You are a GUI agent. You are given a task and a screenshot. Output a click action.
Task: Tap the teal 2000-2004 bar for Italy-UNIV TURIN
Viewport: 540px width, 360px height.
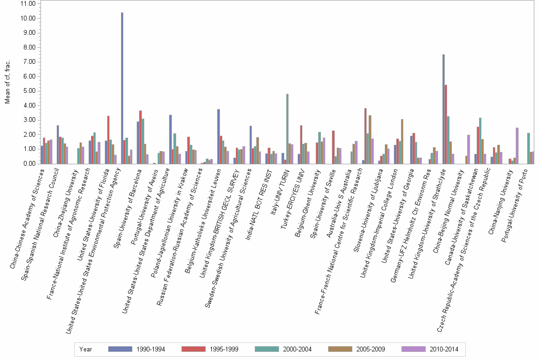coord(287,129)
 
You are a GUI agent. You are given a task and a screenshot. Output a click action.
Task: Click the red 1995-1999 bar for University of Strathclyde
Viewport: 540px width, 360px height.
coord(446,124)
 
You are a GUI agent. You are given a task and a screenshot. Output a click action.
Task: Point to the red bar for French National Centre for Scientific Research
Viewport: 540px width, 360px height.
coord(365,136)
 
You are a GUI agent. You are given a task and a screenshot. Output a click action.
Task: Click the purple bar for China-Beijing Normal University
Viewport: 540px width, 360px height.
coord(469,150)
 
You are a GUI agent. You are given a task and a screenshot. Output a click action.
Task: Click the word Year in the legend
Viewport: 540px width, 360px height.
coord(86,350)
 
